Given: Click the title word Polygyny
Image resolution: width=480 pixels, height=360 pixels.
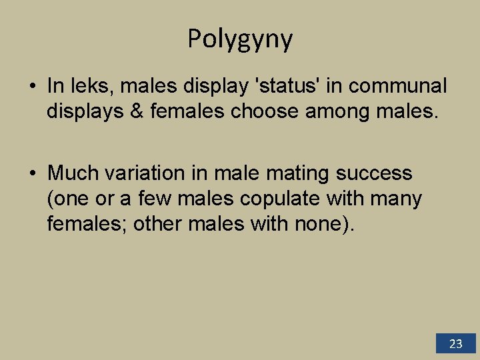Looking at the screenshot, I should coord(240,39).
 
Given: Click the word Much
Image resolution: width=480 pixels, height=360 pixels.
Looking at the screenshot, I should coord(73,173).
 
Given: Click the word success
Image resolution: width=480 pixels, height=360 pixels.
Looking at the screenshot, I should coord(374,173).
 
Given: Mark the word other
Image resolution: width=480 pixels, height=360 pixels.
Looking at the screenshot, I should coord(158,224).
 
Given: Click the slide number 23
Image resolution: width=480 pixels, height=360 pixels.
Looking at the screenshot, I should coord(456,344).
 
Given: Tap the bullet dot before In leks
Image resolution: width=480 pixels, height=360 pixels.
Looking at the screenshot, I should coord(32,87).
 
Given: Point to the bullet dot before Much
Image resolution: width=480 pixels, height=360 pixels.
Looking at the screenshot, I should coord(32,174).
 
